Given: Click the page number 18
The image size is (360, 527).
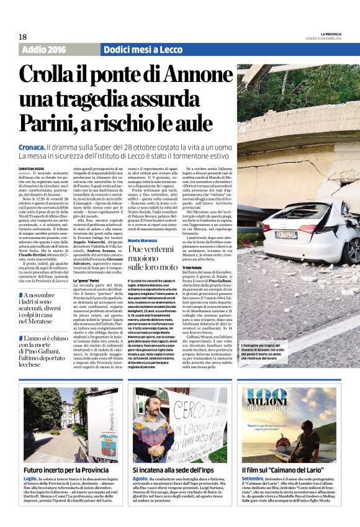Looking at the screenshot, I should [22, 37].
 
